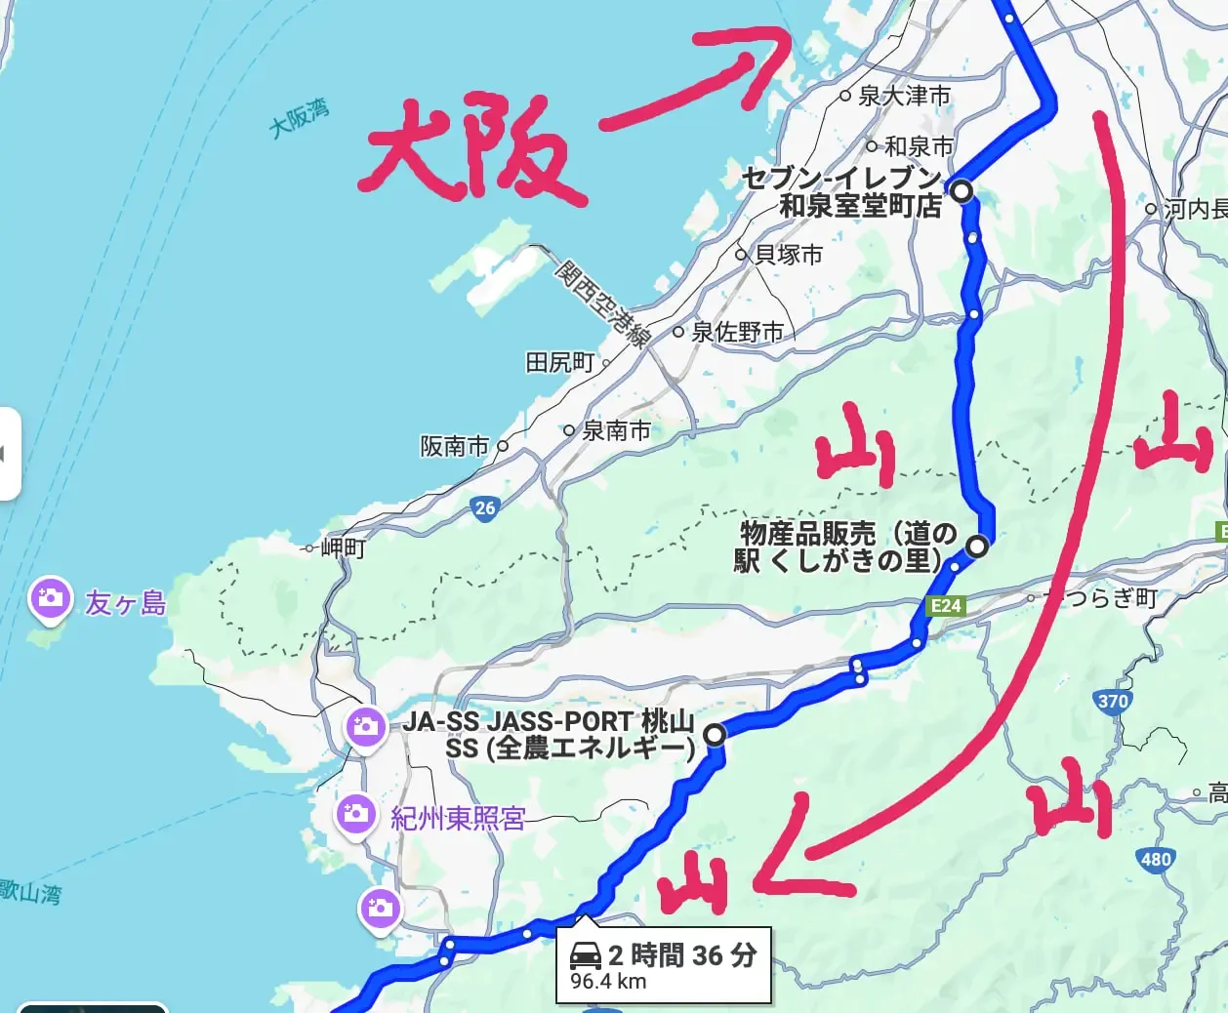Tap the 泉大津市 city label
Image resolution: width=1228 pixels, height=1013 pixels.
coord(904,96)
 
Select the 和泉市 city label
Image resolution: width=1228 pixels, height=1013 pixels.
coord(919,146)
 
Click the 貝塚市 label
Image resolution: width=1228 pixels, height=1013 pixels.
coord(789,255)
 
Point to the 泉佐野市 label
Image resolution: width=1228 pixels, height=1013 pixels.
coord(737,332)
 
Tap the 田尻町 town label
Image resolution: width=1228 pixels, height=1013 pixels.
coord(559,363)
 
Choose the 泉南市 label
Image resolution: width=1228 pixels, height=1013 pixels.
coord(616,430)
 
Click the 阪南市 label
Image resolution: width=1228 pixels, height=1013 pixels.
coord(455,446)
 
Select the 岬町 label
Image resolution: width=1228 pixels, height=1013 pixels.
coord(343,547)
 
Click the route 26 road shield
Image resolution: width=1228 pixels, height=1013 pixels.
coord(485,507)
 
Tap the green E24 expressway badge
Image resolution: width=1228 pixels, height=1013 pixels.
coord(945,606)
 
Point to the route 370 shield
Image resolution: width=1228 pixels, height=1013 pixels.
coord(1113,701)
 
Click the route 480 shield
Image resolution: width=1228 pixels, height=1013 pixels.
coord(1155,860)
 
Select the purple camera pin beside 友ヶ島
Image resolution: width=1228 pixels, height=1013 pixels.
coord(50,598)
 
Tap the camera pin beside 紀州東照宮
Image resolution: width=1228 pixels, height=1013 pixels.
coord(355,814)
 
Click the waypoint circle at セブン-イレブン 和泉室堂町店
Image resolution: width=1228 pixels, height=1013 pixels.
coord(962,190)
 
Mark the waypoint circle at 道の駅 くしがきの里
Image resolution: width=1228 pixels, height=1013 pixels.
coord(977,547)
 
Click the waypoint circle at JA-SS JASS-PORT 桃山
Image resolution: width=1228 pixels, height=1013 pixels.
coord(716,734)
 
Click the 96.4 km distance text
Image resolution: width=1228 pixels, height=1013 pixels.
coord(608,982)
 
